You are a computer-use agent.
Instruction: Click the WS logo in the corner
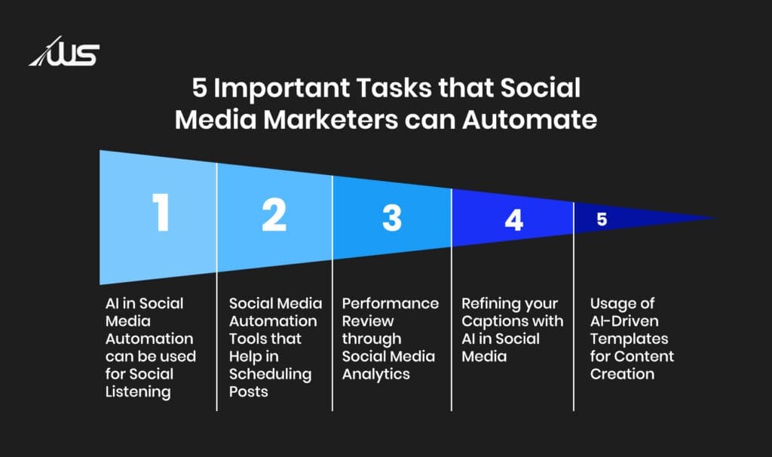click(65, 54)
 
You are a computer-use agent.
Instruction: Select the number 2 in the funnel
click(274, 215)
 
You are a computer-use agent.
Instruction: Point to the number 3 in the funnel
click(391, 217)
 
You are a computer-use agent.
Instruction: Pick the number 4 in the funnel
click(513, 219)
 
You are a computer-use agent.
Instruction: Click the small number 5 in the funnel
click(601, 220)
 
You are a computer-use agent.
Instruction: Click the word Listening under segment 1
click(138, 391)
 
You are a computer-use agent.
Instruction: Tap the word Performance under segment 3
click(390, 303)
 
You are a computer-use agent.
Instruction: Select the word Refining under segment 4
click(491, 303)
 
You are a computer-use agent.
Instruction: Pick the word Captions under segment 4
click(493, 321)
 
